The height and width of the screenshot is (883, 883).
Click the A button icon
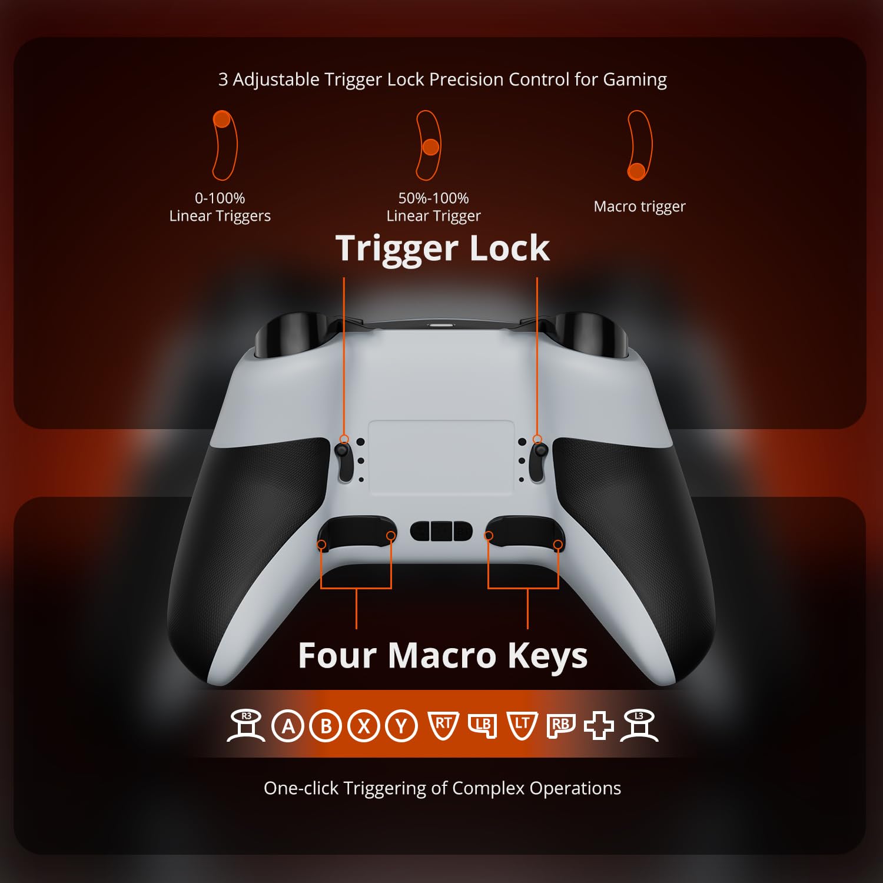tap(288, 726)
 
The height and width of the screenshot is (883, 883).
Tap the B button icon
tap(326, 726)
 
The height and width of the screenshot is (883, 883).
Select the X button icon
tap(364, 726)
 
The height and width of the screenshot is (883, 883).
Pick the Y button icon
tap(401, 726)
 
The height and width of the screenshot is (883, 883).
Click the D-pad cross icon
tap(599, 726)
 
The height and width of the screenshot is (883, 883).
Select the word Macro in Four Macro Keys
tap(442, 655)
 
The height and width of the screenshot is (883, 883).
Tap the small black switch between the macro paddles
tap(441, 530)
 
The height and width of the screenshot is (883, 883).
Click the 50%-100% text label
tap(433, 198)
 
